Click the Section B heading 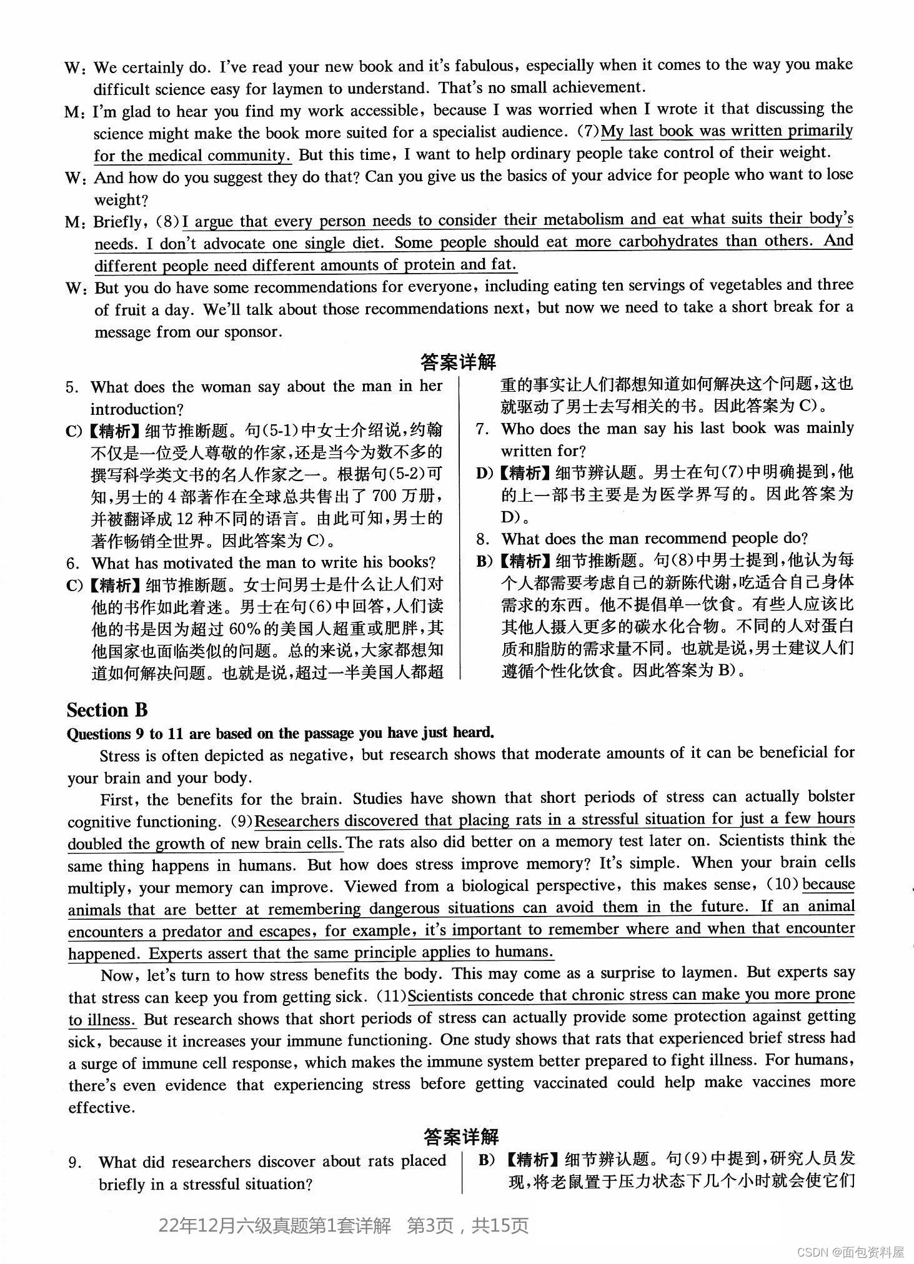point(107,710)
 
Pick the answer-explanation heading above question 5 point(458,362)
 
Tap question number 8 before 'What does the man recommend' point(482,539)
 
